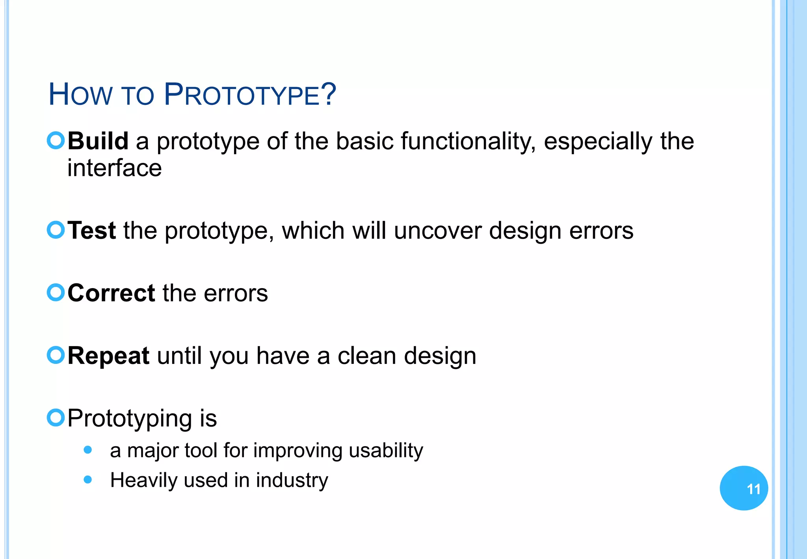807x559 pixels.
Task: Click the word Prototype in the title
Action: (x=250, y=95)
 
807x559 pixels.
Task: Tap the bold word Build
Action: (x=98, y=141)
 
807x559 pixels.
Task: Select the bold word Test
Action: (x=92, y=230)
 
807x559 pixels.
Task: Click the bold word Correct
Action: (x=112, y=293)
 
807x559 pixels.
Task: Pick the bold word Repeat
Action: (x=108, y=356)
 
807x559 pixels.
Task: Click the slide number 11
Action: (x=753, y=489)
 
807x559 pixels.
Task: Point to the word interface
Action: (x=114, y=168)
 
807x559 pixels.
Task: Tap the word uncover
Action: (x=437, y=230)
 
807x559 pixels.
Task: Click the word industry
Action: (x=292, y=480)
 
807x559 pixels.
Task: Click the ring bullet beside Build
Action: (x=56, y=140)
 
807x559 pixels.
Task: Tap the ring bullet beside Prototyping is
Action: (x=56, y=417)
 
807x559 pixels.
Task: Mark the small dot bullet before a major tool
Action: (x=88, y=450)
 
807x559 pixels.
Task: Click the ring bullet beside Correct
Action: (x=56, y=293)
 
